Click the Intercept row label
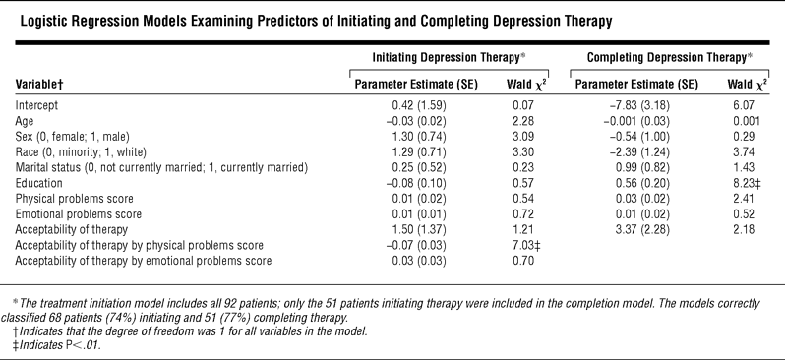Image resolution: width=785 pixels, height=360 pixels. point(36,105)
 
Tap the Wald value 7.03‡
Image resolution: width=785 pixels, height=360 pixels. point(523,245)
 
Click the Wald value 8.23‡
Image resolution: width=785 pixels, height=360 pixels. point(744,183)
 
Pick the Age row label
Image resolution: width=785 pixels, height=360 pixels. point(25,121)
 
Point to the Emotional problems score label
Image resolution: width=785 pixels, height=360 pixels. point(79,214)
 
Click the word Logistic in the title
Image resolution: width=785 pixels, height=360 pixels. point(38,22)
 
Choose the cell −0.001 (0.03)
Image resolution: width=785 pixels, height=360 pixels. point(635,121)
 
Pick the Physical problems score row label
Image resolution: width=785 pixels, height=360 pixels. point(75,199)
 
